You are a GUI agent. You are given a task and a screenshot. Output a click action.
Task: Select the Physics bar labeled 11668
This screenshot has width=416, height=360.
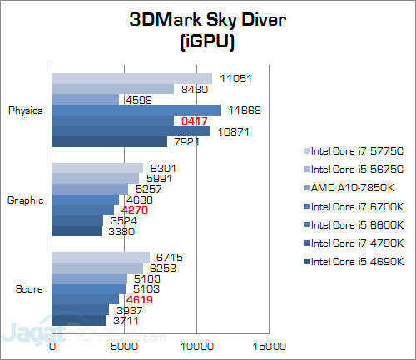137,110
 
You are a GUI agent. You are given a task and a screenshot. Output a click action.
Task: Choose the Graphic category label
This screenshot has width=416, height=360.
27,200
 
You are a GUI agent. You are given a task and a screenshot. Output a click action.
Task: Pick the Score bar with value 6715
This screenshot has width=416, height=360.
101,257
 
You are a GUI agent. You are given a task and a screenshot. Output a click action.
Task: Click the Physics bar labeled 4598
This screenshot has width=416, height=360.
86,100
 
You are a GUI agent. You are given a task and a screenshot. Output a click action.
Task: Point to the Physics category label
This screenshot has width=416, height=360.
27,110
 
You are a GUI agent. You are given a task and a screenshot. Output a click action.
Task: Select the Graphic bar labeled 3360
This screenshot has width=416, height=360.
77,231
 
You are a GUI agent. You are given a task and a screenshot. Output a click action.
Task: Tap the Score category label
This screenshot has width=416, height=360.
32,288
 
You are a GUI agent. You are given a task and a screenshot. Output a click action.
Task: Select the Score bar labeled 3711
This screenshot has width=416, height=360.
79,320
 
